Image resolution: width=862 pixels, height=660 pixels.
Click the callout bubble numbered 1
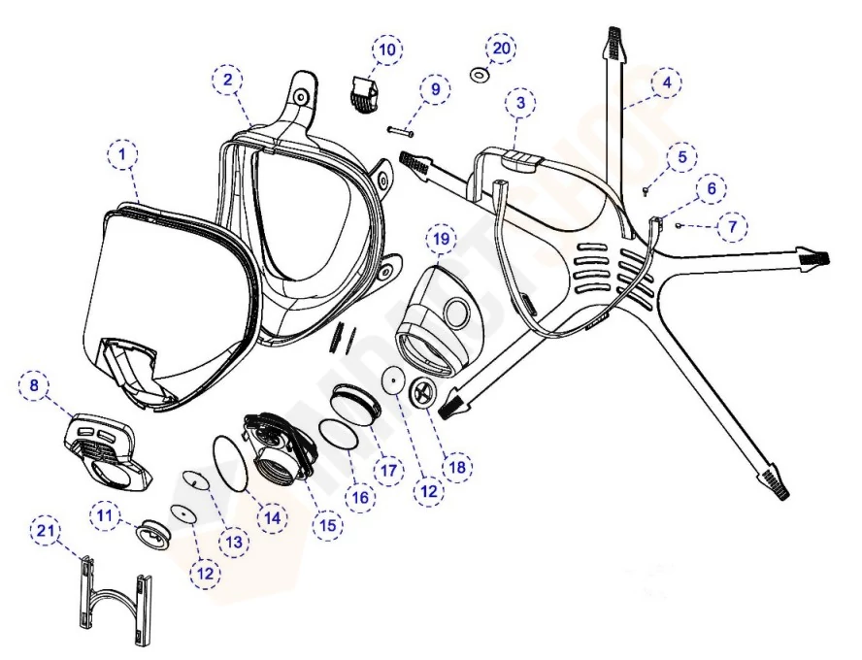(x=123, y=154)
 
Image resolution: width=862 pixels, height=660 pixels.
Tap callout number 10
(x=386, y=49)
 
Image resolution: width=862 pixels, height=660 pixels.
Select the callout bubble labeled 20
(x=501, y=48)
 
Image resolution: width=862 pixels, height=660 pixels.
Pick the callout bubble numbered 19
(x=443, y=238)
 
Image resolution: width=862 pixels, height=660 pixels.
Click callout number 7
(x=734, y=227)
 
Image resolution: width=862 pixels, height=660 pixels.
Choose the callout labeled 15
(x=326, y=525)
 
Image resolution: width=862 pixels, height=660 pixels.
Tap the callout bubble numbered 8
(x=35, y=385)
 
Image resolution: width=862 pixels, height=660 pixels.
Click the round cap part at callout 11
(x=155, y=532)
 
